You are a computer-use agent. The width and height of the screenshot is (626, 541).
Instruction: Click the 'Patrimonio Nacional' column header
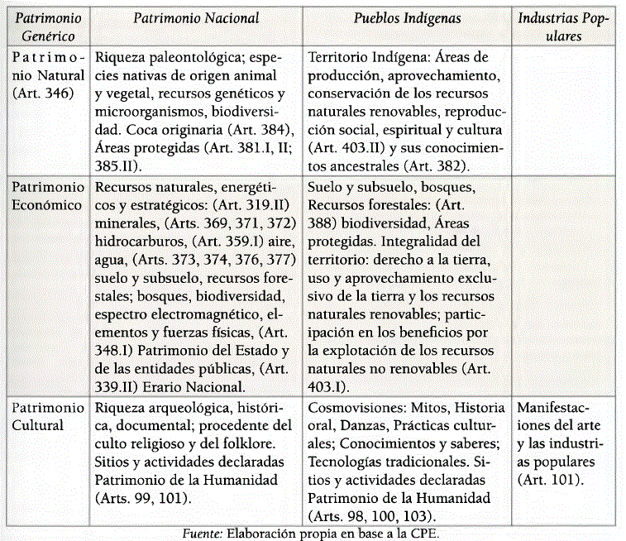tap(196, 18)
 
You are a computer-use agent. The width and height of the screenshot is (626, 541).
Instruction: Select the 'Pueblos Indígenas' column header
tap(408, 18)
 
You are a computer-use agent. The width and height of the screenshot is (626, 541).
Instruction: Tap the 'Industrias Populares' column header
tap(566, 26)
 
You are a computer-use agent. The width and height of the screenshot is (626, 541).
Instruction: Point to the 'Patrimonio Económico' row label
tap(47, 196)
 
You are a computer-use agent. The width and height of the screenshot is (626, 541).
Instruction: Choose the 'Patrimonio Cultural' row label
tap(47, 417)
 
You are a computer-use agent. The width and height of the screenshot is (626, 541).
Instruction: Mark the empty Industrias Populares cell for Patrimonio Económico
tap(566, 285)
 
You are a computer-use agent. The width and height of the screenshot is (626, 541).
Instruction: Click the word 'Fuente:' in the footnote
tap(201, 533)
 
